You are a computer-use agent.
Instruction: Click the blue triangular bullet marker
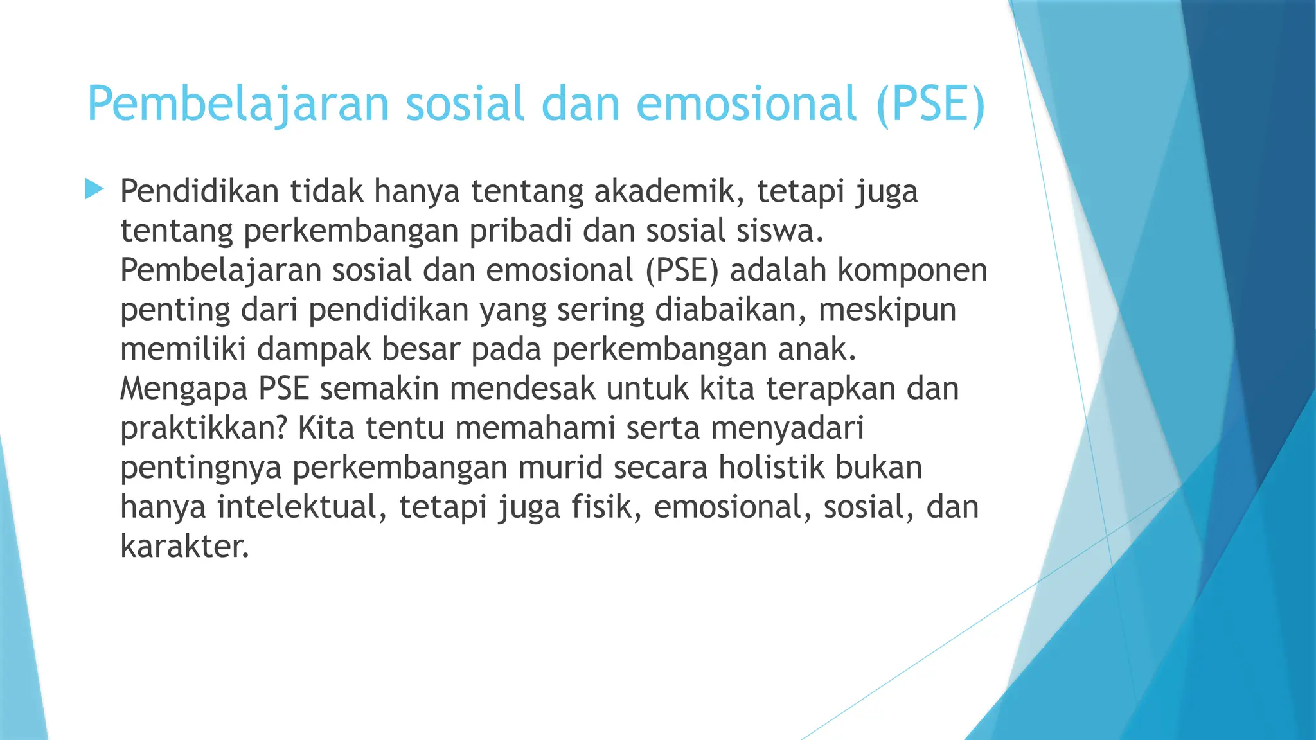(x=94, y=189)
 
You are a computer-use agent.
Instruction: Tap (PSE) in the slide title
(x=930, y=104)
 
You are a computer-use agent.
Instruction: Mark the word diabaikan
(x=731, y=310)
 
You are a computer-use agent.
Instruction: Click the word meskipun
(x=887, y=310)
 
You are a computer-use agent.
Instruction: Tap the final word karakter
(x=184, y=547)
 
